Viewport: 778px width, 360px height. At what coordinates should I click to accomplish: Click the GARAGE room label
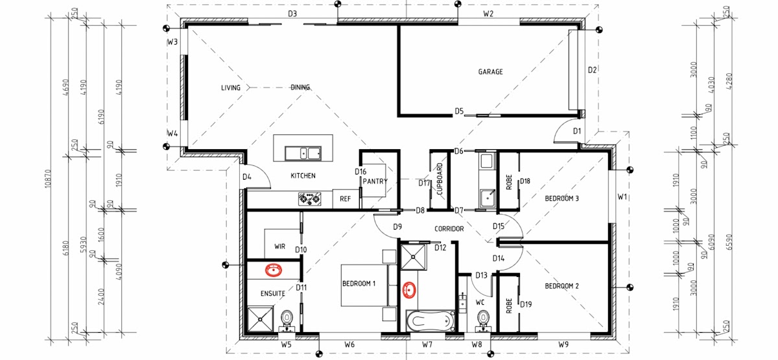(490, 71)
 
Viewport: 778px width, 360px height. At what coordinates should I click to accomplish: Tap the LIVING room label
(231, 88)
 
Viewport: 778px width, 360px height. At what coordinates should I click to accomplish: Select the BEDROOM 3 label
(561, 198)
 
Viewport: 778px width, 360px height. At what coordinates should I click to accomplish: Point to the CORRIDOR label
(449, 228)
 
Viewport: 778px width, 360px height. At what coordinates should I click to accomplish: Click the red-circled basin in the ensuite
(274, 270)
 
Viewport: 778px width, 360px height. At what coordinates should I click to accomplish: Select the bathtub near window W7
(430, 321)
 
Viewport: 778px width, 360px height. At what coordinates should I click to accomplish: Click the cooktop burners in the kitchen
(309, 199)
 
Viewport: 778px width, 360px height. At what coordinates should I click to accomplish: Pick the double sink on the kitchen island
(303, 153)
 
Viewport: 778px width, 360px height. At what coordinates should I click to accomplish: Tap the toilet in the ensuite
(287, 320)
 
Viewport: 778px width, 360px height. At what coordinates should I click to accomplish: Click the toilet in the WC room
(483, 320)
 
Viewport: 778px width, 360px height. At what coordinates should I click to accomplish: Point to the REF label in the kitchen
(345, 198)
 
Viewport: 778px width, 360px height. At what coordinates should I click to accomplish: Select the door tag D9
(397, 227)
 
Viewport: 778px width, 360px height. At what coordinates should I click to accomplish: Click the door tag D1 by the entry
(577, 131)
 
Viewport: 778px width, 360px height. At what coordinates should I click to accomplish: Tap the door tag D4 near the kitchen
(246, 177)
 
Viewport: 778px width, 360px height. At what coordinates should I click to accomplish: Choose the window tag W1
(622, 197)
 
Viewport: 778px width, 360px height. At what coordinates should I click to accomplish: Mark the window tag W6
(349, 344)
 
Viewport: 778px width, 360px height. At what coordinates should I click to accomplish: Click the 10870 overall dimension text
(47, 178)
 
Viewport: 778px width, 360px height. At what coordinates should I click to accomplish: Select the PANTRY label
(375, 181)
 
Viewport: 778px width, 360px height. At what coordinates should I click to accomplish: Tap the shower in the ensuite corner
(260, 319)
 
